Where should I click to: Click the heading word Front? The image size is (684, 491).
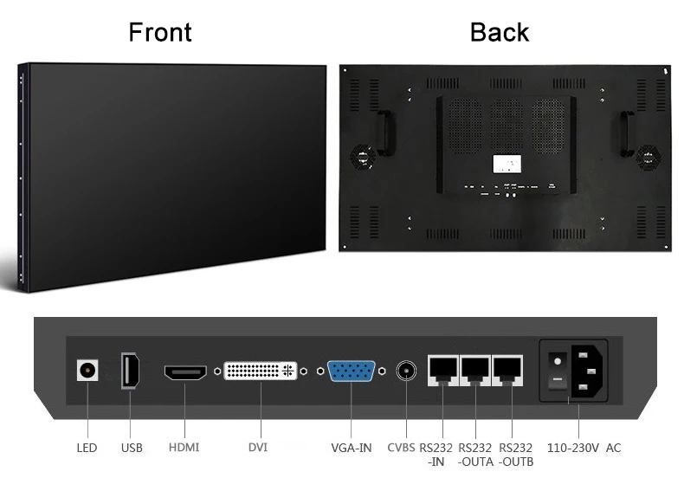click(160, 32)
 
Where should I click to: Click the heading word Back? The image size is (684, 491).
click(500, 32)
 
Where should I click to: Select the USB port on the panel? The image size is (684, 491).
click(132, 371)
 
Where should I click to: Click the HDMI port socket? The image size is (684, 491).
click(186, 372)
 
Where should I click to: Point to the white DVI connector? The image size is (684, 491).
click(260, 371)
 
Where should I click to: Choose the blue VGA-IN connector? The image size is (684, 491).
click(351, 371)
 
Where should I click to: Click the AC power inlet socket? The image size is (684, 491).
click(586, 370)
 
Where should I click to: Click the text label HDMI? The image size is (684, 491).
click(184, 448)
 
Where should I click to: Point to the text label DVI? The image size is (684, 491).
click(258, 448)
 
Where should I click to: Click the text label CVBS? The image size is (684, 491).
click(401, 448)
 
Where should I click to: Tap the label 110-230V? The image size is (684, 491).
click(571, 448)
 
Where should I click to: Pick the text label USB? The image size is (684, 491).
click(132, 448)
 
